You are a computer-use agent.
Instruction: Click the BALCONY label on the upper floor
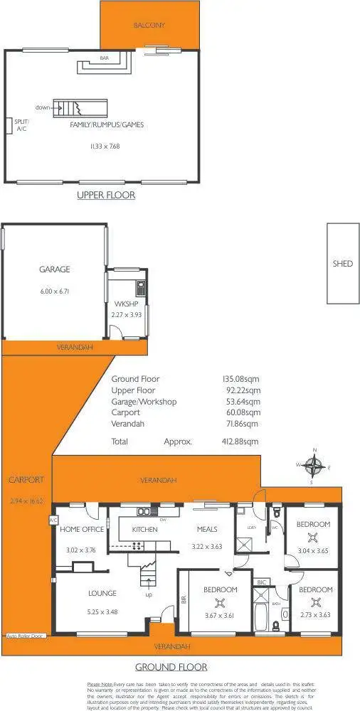pos(149,25)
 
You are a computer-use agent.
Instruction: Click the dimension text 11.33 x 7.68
pos(105,146)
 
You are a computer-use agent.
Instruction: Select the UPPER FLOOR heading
pos(106,194)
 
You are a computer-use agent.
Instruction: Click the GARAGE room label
pos(54,270)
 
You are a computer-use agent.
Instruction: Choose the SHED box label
pos(342,264)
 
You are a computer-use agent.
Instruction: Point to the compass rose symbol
pos(313,466)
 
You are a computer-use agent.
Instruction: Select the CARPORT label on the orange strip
pos(26,480)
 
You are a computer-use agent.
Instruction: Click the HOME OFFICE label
pos(81,530)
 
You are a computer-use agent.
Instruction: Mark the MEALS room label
pos(207,530)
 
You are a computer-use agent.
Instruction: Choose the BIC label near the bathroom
pos(261,582)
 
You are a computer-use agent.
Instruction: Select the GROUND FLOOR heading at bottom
pos(171,667)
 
